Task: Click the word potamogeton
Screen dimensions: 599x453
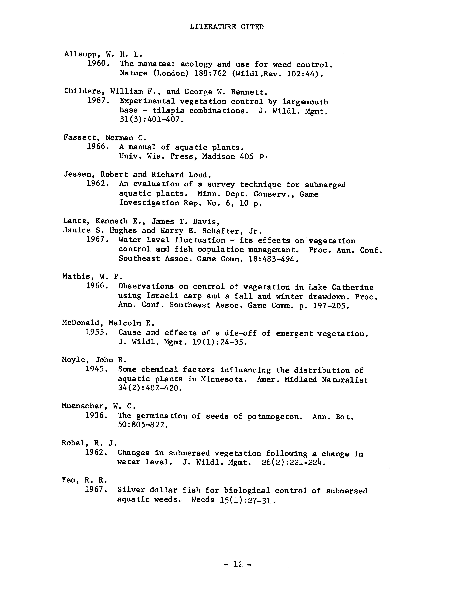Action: (x=275, y=416)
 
